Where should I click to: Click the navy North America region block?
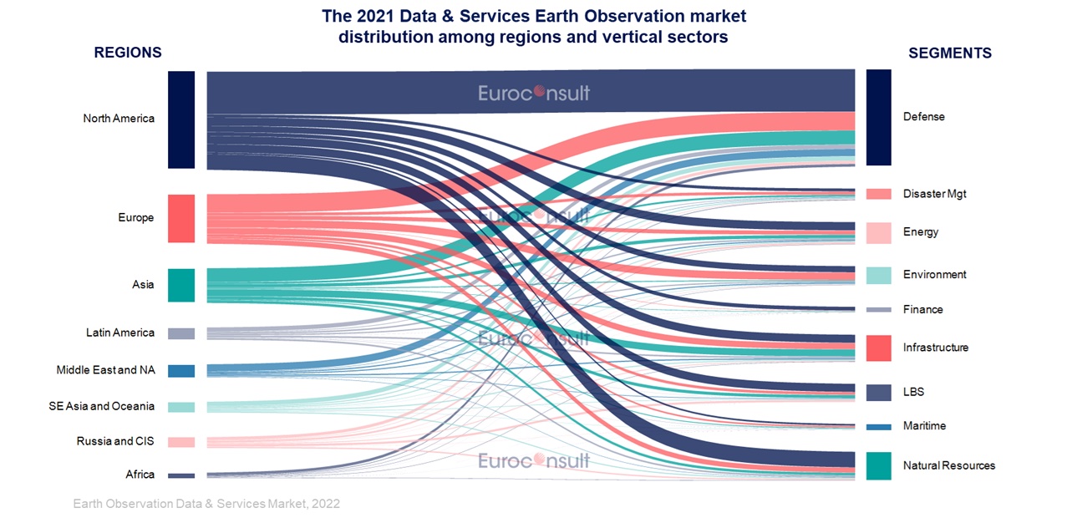tap(181, 119)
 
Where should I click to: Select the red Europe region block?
tap(181, 219)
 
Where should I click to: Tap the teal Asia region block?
tap(181, 285)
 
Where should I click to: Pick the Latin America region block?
tap(181, 333)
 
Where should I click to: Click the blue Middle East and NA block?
tap(181, 371)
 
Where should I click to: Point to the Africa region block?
tap(181, 475)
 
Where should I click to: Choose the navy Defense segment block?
tap(878, 118)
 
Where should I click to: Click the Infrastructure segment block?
tap(878, 348)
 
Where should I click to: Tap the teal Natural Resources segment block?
tap(878, 465)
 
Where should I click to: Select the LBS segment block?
tap(878, 393)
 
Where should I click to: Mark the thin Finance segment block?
tap(878, 310)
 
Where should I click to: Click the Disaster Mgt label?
tap(935, 194)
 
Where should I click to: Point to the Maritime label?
tap(924, 425)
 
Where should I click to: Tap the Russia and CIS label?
tap(115, 441)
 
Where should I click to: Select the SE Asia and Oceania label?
tap(101, 406)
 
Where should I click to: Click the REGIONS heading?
tap(128, 53)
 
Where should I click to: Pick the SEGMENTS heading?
tap(950, 53)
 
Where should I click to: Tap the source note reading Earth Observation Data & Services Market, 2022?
tap(206, 504)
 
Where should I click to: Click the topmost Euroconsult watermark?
tap(533, 93)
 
